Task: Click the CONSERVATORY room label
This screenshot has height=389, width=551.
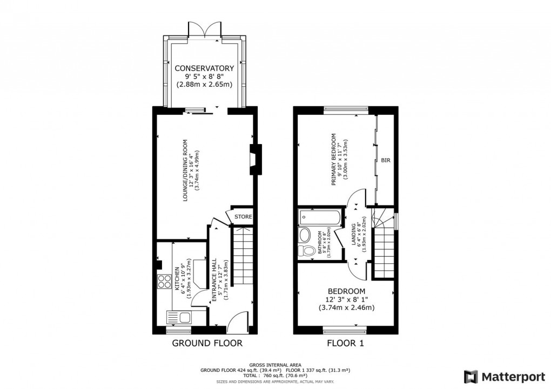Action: (204, 68)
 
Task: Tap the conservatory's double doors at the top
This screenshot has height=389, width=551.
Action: (205, 30)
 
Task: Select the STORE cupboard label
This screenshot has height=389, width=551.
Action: (243, 217)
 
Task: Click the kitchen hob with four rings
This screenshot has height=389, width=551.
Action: (163, 281)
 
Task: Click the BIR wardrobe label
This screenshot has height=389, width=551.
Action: (386, 160)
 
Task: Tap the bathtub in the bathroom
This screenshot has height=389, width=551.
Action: (320, 218)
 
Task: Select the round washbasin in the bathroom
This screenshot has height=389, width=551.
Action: (305, 235)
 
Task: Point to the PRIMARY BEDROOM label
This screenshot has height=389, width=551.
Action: (333, 159)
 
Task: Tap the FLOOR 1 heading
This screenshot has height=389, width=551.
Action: (345, 343)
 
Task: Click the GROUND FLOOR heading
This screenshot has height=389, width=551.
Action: (207, 343)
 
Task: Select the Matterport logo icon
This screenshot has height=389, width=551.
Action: (471, 376)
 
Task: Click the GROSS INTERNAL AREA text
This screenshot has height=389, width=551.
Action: (275, 365)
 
